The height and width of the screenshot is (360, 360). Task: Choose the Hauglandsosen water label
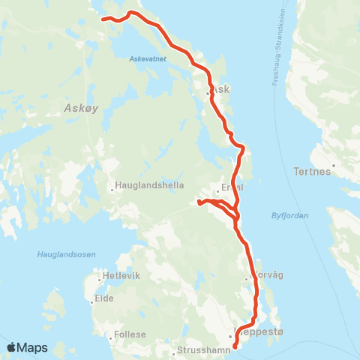(66, 255)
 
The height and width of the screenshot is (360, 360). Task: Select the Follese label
(130, 334)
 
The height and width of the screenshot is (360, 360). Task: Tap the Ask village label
(223, 88)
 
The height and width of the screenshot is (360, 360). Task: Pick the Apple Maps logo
(27, 347)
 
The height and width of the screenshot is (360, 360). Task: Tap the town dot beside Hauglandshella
(112, 189)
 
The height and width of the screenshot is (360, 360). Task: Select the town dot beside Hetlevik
(100, 276)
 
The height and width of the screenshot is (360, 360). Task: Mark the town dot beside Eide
(91, 301)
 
